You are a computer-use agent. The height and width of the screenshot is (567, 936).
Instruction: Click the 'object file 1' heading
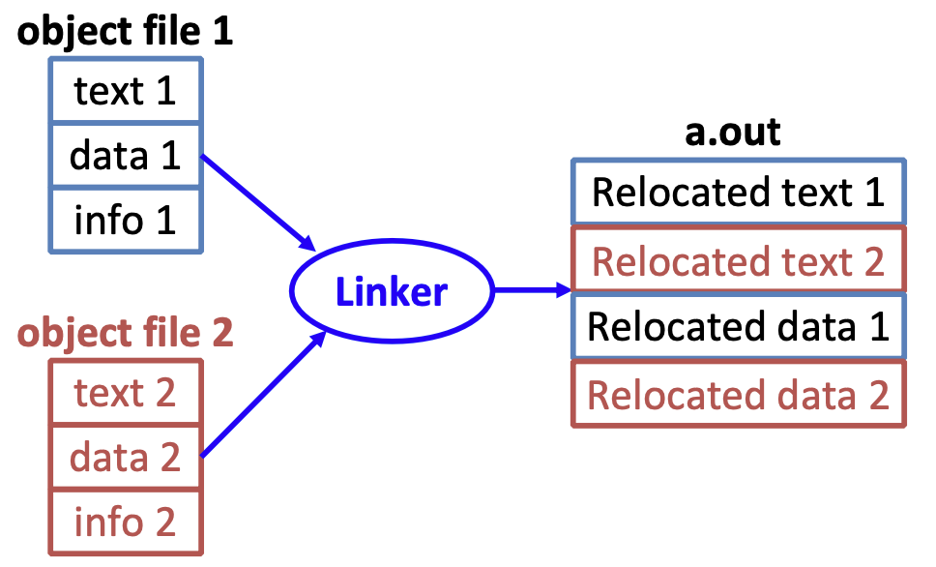click(x=126, y=32)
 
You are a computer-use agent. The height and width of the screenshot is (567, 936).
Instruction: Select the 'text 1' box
click(x=126, y=92)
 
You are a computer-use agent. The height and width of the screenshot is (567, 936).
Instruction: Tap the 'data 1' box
click(x=126, y=156)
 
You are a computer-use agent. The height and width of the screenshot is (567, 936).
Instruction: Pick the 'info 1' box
click(x=126, y=221)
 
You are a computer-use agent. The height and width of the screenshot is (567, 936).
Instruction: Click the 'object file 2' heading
click(x=126, y=333)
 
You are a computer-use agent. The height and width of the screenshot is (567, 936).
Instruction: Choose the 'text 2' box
click(x=126, y=393)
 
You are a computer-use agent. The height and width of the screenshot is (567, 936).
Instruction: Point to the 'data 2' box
click(x=126, y=457)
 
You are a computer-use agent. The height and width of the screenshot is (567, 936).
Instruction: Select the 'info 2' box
click(x=126, y=522)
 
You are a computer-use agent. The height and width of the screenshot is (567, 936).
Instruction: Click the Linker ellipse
click(x=392, y=291)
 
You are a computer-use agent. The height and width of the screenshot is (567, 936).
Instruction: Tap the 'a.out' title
click(x=732, y=132)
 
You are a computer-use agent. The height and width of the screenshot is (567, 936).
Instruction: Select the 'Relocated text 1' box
click(x=738, y=192)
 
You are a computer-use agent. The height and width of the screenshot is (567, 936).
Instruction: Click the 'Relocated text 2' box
click(x=738, y=261)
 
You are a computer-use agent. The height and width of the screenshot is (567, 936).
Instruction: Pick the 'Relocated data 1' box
click(x=738, y=327)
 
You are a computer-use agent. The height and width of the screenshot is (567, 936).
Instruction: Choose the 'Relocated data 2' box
click(x=738, y=395)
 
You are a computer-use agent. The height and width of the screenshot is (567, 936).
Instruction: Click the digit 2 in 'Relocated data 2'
click(x=876, y=396)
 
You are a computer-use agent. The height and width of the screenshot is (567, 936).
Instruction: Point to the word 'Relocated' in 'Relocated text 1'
click(x=662, y=192)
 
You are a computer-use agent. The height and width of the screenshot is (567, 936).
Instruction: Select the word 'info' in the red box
click(x=104, y=522)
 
